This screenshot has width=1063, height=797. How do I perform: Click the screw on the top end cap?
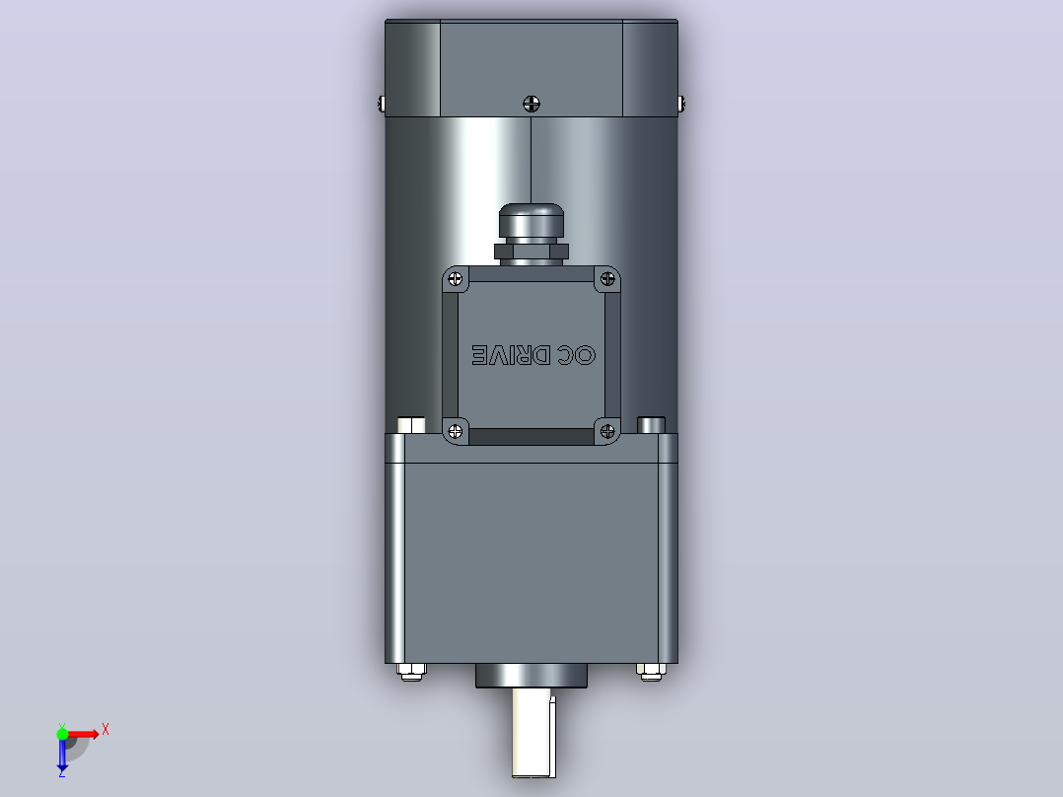coord(531,104)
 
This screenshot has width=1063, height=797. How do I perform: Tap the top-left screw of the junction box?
coord(456,279)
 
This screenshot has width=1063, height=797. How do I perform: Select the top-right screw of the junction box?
coord(607,279)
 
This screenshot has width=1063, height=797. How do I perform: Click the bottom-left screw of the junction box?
coord(456,431)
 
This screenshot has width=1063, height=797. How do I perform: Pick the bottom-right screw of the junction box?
coord(607,431)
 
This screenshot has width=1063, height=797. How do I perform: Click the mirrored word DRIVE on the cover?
coord(511,355)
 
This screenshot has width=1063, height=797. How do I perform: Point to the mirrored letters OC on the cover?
coord(576,355)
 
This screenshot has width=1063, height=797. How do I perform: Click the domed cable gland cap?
coord(531,220)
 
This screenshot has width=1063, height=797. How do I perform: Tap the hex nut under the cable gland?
coord(531,253)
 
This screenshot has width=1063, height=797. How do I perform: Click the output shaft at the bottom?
coord(533,733)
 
